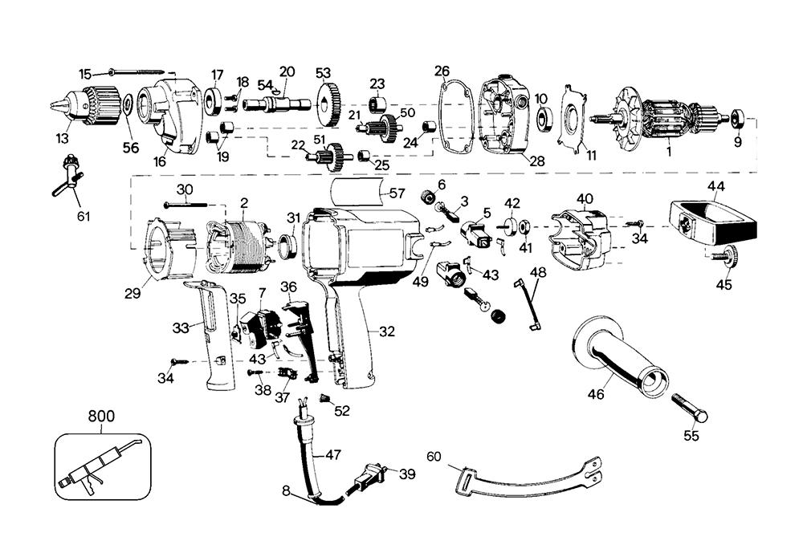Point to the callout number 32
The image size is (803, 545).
click(387, 331)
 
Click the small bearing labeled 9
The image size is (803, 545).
click(736, 120)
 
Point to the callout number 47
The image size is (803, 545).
click(333, 454)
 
